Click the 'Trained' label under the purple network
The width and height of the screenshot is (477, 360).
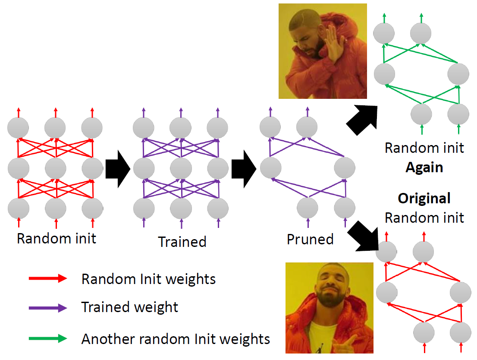[182, 241]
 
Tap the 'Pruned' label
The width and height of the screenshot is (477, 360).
[310, 239]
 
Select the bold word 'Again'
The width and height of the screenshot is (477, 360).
[424, 167]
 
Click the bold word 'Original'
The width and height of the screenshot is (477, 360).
[424, 199]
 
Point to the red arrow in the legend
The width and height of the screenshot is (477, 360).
[47, 279]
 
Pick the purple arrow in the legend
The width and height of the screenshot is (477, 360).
[47, 308]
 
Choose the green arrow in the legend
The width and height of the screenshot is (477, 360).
[47, 339]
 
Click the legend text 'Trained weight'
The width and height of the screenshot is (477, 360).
[130, 307]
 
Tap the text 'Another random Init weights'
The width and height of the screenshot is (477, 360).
[176, 339]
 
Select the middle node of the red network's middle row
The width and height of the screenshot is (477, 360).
[55, 168]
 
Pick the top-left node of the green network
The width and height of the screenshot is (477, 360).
[384, 33]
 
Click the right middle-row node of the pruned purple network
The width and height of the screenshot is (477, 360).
[344, 168]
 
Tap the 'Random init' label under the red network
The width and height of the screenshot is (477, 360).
[56, 238]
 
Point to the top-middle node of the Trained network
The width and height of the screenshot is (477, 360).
[180, 128]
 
